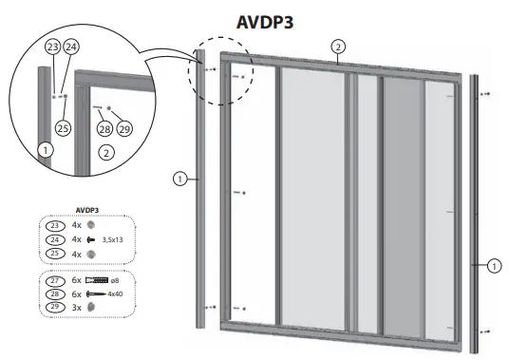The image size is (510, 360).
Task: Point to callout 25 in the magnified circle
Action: tap(64, 127)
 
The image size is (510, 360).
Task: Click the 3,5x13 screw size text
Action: tap(113, 241)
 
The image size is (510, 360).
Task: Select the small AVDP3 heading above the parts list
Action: tap(87, 212)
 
